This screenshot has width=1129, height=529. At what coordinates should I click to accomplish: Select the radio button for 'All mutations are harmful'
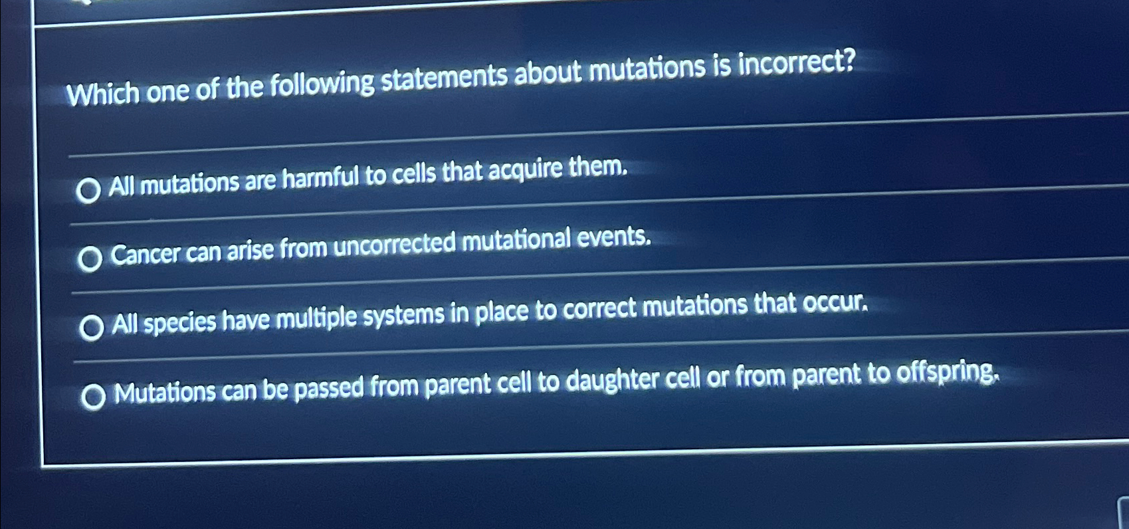88,191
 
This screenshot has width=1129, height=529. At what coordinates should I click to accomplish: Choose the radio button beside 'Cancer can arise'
90,259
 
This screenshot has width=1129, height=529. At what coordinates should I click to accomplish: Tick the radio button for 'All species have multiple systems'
91,328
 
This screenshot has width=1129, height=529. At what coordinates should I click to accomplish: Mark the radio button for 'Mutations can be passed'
93,397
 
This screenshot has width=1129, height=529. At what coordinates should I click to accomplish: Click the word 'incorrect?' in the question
797,63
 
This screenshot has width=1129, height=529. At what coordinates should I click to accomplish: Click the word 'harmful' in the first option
320,178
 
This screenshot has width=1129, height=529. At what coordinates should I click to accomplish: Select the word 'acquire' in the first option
526,170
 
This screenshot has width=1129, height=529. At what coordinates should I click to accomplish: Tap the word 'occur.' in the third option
835,303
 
